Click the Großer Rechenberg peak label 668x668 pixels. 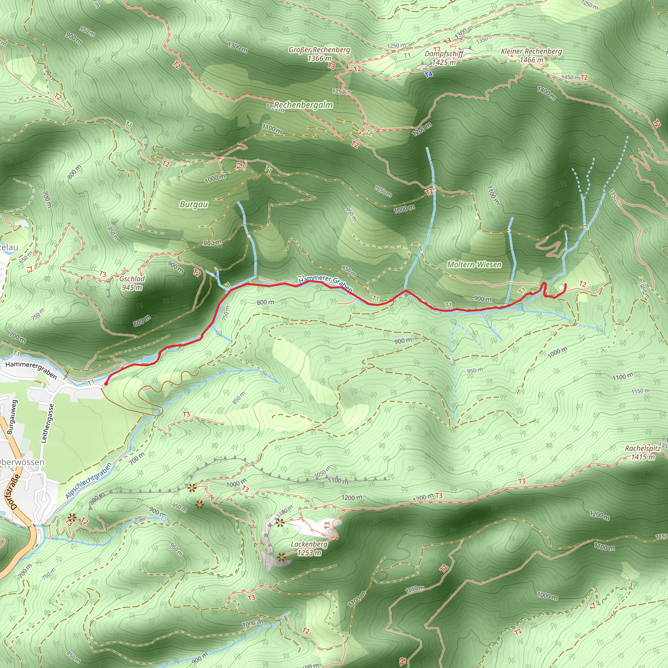coord(319,54)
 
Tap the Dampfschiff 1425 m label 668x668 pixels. coord(444,58)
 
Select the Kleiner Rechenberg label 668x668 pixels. coord(531,55)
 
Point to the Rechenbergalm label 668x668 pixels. coord(303,105)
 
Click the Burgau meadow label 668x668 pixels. coord(194,204)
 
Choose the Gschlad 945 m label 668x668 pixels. coord(132,283)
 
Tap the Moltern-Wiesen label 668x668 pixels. coord(474,265)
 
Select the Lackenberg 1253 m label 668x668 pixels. coord(309,548)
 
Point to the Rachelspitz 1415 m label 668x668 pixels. coord(643,453)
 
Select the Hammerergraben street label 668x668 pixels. coord(31,370)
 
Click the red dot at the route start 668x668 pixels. coord(106,383)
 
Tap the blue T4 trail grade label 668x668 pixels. coord(429,74)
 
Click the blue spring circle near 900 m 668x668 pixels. coord(163,519)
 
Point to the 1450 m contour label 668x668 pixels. coord(570,77)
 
